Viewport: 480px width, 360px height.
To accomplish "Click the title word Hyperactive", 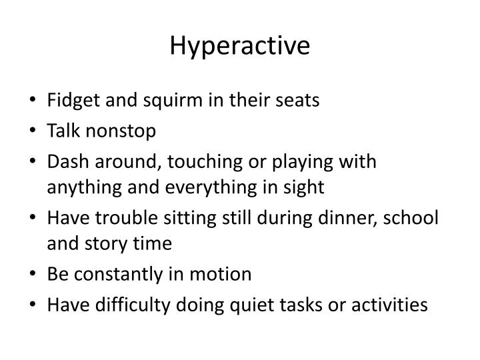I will click(x=240, y=46).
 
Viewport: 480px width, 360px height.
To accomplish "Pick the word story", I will click(x=97, y=244).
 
